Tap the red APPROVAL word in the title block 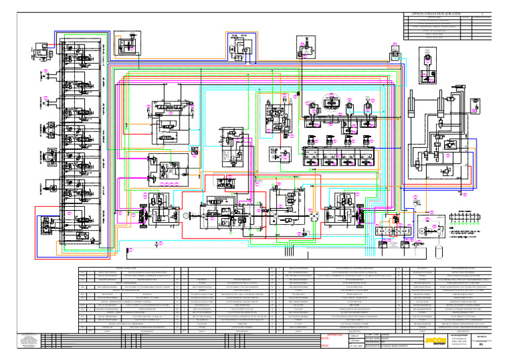pos(329,336)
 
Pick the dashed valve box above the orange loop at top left pos(125,47)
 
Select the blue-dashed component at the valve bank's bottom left pos(48,223)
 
